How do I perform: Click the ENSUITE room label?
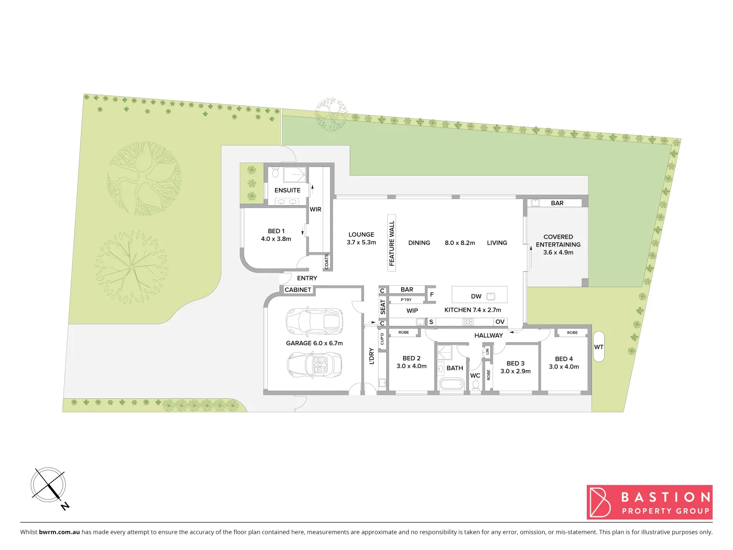(287, 190)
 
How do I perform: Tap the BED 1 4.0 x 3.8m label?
(276, 235)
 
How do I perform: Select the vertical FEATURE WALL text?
(391, 243)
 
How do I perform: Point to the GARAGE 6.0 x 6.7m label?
(314, 343)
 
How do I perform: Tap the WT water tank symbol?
(599, 347)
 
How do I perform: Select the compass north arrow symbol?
(49, 486)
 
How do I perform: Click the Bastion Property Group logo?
(649, 502)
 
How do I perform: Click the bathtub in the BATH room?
(452, 383)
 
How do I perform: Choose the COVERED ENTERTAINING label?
(558, 244)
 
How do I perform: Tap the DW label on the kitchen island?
(476, 296)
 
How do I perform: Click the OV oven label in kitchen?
(500, 322)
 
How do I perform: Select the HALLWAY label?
(488, 336)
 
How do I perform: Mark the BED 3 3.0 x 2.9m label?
(515, 367)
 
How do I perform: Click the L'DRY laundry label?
(371, 356)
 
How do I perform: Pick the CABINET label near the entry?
(298, 290)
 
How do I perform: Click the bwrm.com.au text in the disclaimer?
(59, 532)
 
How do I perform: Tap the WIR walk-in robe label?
(316, 209)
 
